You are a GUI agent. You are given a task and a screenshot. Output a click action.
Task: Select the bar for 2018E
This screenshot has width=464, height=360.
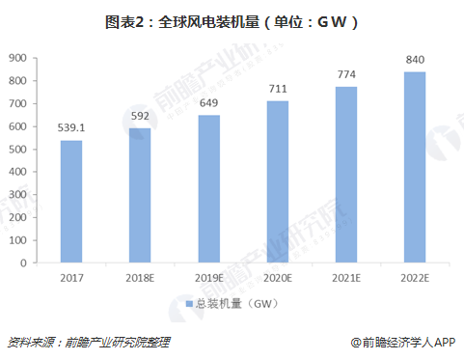coord(139,196)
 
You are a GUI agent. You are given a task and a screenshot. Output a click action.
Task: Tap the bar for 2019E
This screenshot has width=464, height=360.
coord(208,189)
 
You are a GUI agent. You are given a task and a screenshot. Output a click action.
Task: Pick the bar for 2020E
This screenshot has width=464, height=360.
coord(277,181)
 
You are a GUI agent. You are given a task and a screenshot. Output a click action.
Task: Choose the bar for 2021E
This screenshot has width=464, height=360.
coord(345,175)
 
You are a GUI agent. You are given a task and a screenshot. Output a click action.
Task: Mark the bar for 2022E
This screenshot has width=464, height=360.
coord(415,167)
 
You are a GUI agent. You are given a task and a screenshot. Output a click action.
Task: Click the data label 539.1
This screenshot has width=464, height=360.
coord(70,125)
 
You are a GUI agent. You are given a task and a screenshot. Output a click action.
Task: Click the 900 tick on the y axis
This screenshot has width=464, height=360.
coord(17,58)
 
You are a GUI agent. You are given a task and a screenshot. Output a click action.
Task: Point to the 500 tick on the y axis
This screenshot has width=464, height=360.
coord(17,150)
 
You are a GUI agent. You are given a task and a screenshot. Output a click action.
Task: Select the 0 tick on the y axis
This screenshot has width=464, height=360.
coord(24,263)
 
